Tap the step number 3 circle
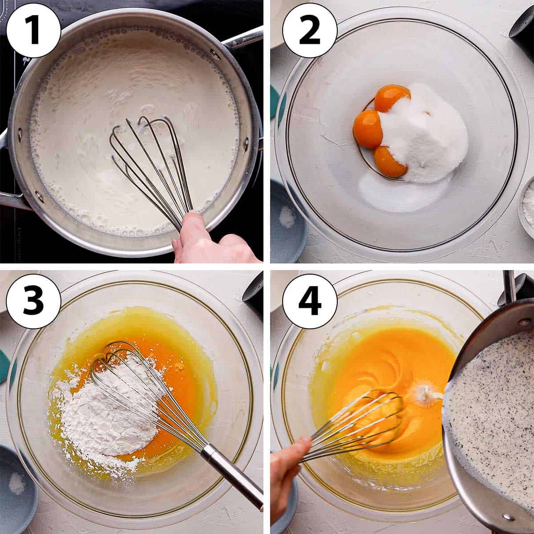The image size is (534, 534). click(x=33, y=301)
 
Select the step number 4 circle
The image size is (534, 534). click(x=310, y=301)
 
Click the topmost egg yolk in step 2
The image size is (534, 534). click(x=391, y=97)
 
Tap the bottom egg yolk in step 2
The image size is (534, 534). click(x=389, y=161)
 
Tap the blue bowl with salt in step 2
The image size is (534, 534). click(x=288, y=219)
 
